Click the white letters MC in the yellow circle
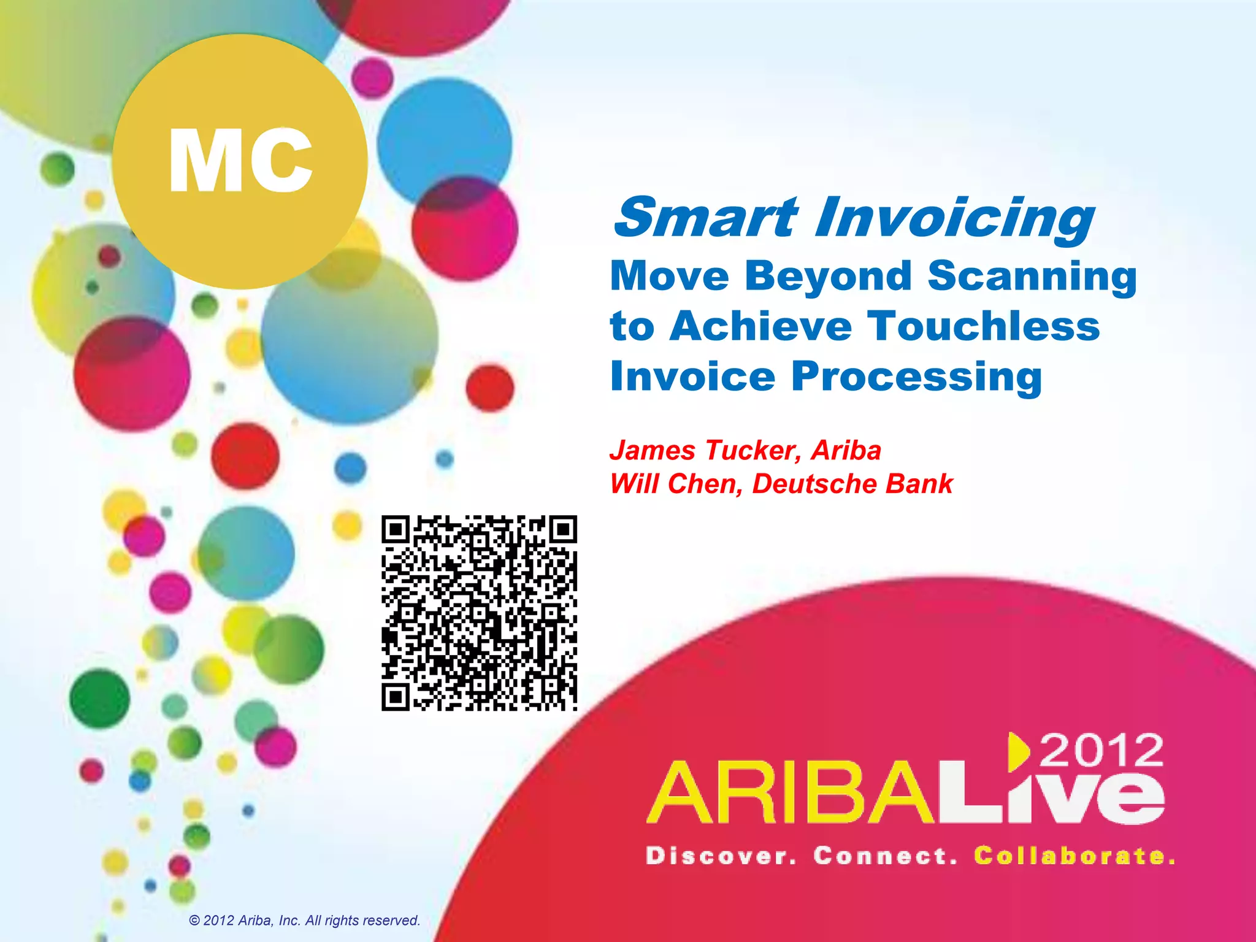click(x=240, y=161)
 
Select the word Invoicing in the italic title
click(x=954, y=220)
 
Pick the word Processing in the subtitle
click(x=917, y=377)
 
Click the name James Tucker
click(x=705, y=451)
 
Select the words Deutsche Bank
click(x=852, y=484)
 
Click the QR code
click(x=479, y=613)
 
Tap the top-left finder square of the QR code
click(x=396, y=529)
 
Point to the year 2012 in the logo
click(x=1101, y=749)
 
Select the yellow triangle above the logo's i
click(x=1018, y=751)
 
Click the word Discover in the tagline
click(x=721, y=856)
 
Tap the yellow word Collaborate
click(x=1074, y=856)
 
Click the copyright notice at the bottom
click(x=305, y=921)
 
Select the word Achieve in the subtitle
click(x=761, y=326)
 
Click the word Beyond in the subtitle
click(x=829, y=277)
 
